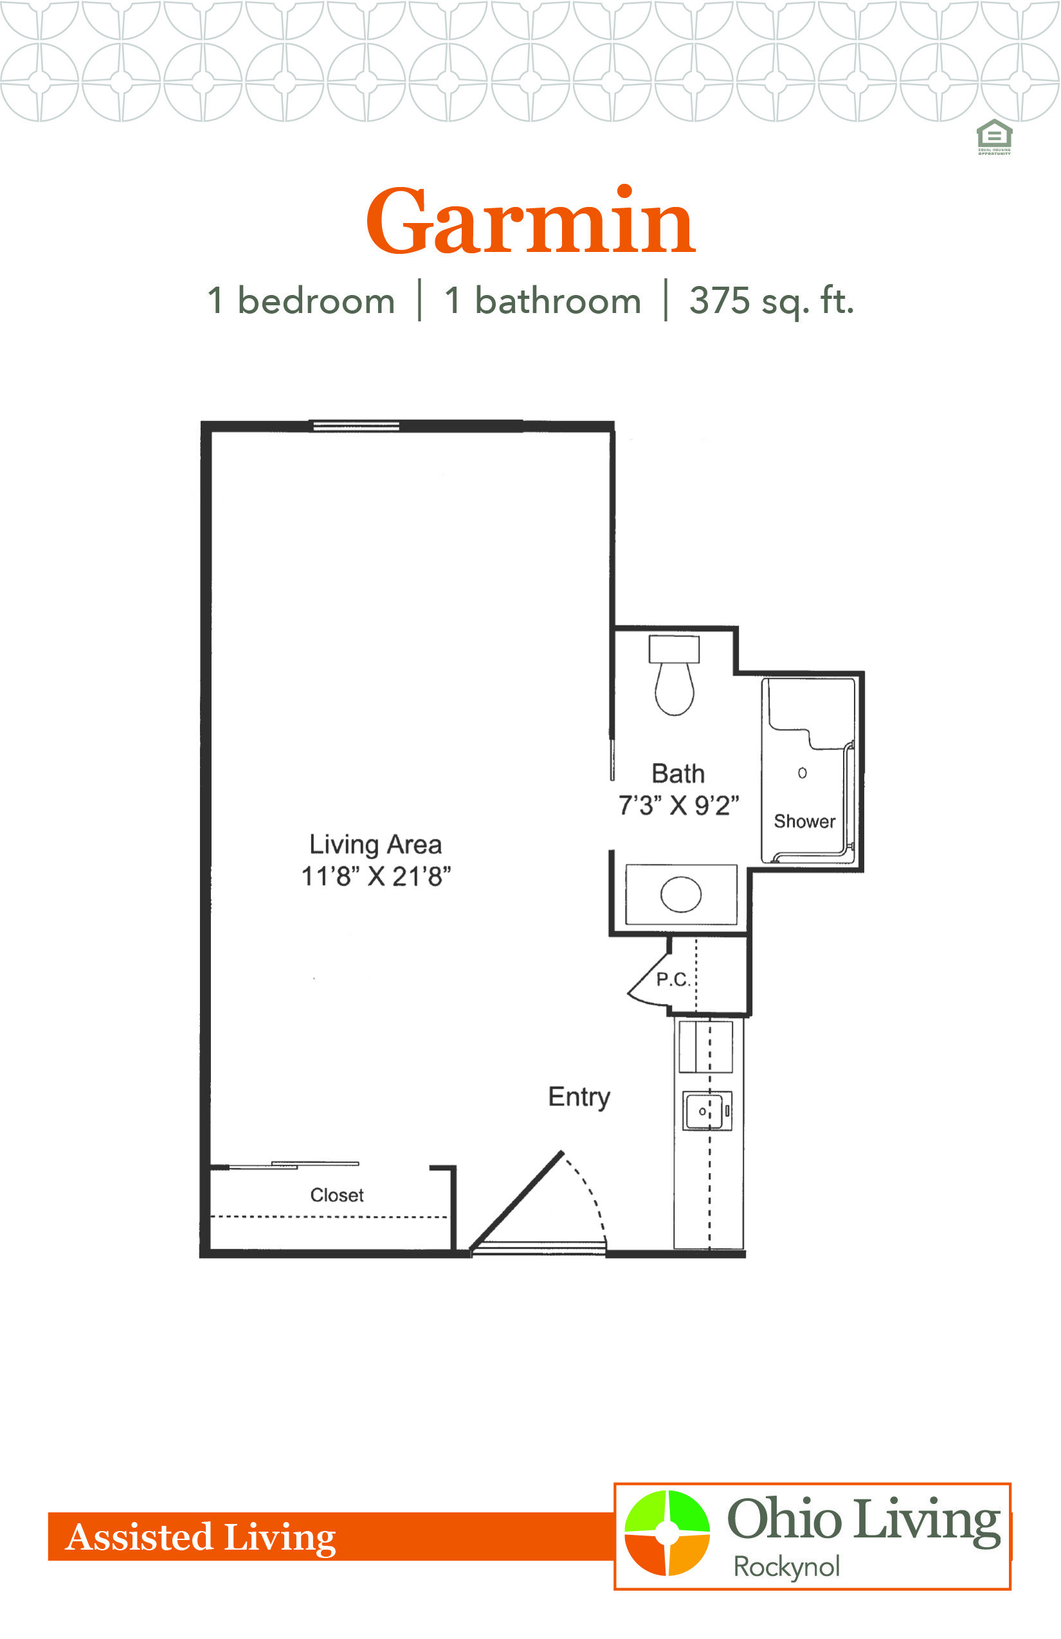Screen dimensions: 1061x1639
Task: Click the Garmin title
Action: (x=530, y=221)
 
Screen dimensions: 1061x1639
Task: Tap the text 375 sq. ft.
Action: (x=772, y=301)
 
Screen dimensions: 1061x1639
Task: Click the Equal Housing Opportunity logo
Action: (x=994, y=137)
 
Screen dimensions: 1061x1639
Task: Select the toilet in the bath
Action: (x=674, y=676)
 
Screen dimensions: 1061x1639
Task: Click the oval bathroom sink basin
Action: (x=681, y=895)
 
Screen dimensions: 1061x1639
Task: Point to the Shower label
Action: (x=804, y=821)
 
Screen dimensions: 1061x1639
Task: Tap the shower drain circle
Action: (x=802, y=773)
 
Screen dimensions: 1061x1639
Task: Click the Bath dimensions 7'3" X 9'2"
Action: (x=678, y=805)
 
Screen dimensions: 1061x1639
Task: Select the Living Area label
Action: (x=376, y=845)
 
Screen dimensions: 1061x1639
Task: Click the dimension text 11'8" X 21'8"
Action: (x=376, y=877)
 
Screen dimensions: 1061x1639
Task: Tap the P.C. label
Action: (x=673, y=980)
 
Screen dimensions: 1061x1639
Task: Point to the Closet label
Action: (x=337, y=1195)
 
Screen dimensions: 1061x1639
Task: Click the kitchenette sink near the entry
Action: (x=707, y=1110)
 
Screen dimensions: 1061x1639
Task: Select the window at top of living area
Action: (x=356, y=426)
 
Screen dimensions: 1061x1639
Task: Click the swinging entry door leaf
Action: (x=517, y=1199)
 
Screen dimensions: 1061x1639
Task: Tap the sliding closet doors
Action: (x=293, y=1165)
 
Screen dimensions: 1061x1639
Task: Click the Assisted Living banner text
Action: (x=201, y=1536)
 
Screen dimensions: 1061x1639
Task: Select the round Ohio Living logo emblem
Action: (x=667, y=1532)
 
